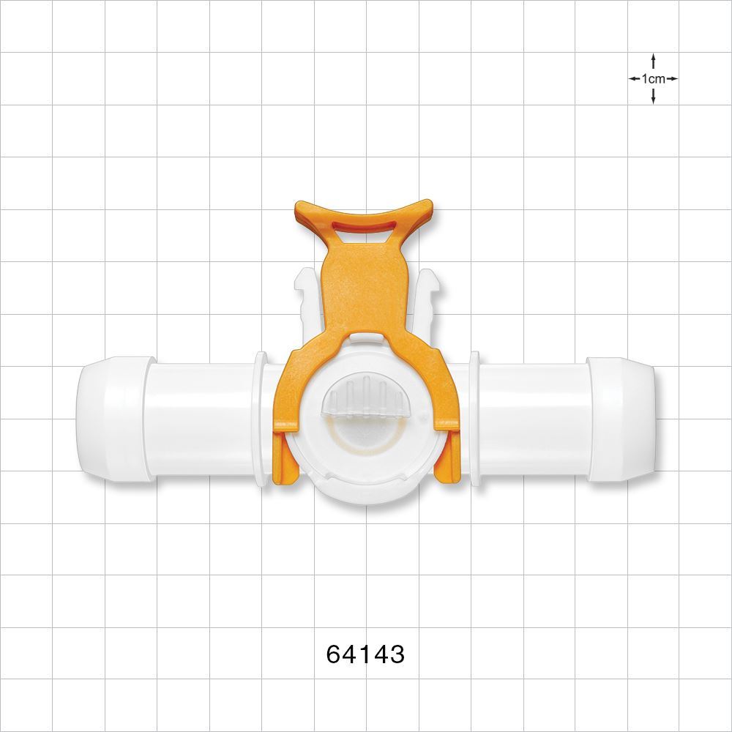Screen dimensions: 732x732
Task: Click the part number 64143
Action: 365,654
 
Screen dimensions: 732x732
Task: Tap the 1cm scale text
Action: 653,79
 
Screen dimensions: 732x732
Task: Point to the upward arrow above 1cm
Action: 653,61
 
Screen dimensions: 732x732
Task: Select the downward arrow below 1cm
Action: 653,96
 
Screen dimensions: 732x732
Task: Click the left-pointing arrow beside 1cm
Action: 635,78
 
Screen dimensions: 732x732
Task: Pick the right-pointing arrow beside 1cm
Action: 671,78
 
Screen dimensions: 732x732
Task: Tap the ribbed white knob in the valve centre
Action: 364,399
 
